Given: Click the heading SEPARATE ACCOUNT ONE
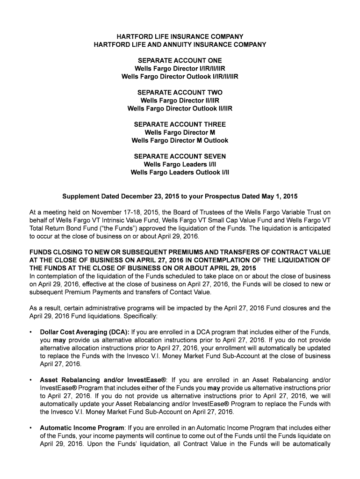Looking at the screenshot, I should [180, 61].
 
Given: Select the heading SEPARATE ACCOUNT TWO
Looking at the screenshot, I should [180, 93].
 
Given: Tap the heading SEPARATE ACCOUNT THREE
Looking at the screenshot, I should [180, 124].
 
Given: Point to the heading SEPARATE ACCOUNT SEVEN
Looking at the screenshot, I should [180, 156].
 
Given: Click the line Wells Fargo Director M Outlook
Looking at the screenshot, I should [180, 140].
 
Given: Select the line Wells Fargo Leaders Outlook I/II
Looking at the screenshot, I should [180, 172].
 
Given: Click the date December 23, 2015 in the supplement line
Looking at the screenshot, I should [151, 196].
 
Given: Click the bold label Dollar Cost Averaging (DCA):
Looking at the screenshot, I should [85, 333].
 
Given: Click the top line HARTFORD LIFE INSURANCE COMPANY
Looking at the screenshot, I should [180, 36].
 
